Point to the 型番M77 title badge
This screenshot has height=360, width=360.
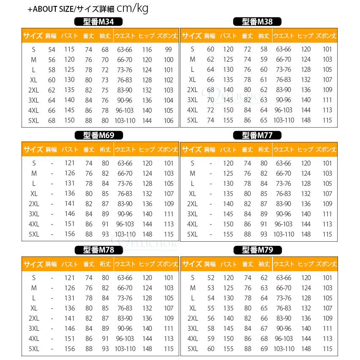click(x=257, y=135)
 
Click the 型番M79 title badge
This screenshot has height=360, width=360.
click(x=257, y=250)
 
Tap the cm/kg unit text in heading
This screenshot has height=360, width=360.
click(x=133, y=8)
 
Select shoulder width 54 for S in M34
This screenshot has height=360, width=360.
click(x=52, y=49)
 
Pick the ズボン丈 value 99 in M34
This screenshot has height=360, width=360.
click(x=169, y=49)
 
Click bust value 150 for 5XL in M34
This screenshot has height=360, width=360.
click(x=70, y=120)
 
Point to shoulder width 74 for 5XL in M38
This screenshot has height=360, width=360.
click(x=210, y=120)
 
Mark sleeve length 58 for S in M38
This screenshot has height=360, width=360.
click(x=264, y=49)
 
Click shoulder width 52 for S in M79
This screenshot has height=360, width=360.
click(x=210, y=278)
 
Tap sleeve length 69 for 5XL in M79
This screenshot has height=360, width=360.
click(x=264, y=349)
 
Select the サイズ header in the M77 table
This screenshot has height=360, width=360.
click(x=191, y=150)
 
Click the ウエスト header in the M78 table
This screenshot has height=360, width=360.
click(x=125, y=264)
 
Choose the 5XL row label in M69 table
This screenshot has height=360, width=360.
click(x=34, y=234)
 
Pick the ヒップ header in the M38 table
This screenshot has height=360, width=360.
click(x=306, y=36)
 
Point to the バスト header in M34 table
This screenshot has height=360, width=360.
click(x=70, y=36)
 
